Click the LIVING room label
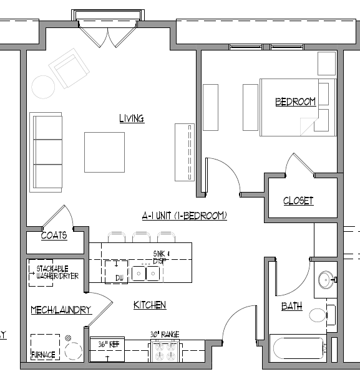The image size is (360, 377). [132, 118]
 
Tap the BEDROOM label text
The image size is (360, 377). [295, 102]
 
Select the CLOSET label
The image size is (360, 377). [298, 201]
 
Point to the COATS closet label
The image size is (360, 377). [54, 236]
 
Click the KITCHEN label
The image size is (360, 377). [150, 305]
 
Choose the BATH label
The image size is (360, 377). [291, 306]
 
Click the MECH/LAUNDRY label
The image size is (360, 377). [61, 310]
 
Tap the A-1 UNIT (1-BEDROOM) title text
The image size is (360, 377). [184, 216]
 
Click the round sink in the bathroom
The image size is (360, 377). [326, 280]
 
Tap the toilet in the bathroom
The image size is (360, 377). [319, 315]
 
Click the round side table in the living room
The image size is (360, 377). [44, 87]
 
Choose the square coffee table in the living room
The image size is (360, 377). [104, 152]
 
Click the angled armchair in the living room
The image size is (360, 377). [70, 69]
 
